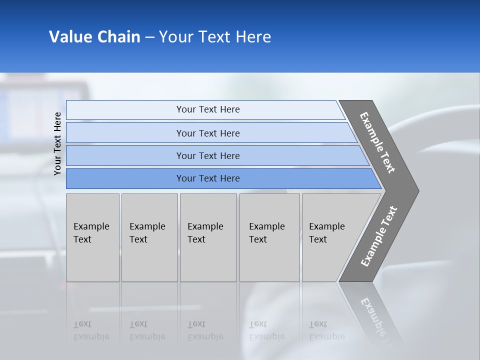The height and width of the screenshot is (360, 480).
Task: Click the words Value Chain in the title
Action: point(94,37)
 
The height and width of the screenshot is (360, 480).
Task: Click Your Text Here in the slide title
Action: point(215,37)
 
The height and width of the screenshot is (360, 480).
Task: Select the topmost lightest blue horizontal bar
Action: point(208,109)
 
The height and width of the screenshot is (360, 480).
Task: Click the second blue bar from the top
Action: point(208,133)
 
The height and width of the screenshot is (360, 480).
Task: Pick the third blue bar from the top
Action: point(208,155)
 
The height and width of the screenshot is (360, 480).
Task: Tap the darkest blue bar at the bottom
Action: point(208,178)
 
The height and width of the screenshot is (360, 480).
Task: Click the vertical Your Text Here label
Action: point(57,143)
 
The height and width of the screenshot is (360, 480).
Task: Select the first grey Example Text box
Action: point(92,237)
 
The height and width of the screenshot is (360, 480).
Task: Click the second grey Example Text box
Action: point(149,237)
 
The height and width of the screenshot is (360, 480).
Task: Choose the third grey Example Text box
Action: point(208,237)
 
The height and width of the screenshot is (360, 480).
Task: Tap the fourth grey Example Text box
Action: point(269,237)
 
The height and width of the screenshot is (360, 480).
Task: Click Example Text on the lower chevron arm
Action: point(379,236)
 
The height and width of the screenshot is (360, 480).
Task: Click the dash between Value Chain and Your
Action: point(149,37)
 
